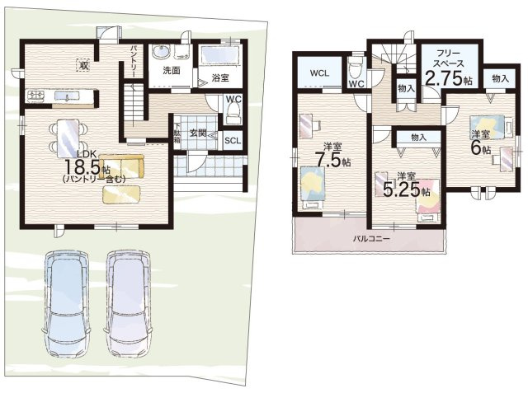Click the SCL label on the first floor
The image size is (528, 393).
pyautogui.click(x=233, y=141)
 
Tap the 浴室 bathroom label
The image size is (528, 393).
pyautogui.click(x=220, y=77)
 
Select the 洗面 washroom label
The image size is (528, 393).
pyautogui.click(x=172, y=70)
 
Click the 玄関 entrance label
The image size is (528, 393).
pyautogui.click(x=197, y=133)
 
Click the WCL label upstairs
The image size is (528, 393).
pyautogui.click(x=319, y=73)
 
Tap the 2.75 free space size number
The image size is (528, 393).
pyautogui.click(x=444, y=78)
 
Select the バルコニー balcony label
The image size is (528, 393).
pyautogui.click(x=371, y=239)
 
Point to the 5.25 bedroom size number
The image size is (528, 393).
pyautogui.click(x=402, y=190)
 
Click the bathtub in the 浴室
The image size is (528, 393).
pyautogui.click(x=220, y=56)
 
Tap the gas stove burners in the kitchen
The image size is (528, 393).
pyautogui.click(x=35, y=96)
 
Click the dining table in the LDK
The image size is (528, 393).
pyautogui.click(x=68, y=138)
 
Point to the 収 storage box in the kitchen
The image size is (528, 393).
pyautogui.click(x=83, y=65)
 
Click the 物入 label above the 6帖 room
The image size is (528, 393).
pyautogui.click(x=500, y=78)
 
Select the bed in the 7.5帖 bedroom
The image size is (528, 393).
pyautogui.click(x=313, y=188)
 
